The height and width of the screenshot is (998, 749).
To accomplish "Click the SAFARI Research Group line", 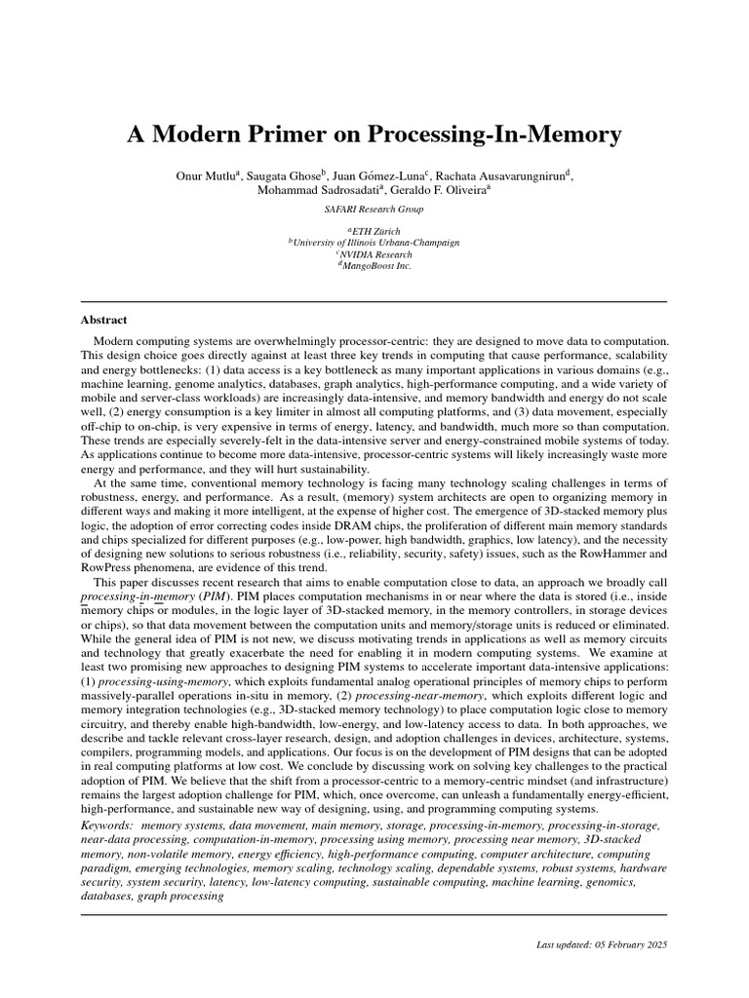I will click(374, 209).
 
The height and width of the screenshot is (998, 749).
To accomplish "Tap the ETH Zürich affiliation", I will click(375, 231).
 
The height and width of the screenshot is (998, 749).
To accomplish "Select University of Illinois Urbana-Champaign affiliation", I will click(374, 243).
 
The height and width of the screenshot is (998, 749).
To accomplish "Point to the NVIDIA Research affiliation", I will click(374, 254).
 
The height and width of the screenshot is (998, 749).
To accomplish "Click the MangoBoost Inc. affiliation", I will click(374, 266).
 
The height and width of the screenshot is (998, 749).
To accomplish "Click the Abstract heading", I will click(103, 320).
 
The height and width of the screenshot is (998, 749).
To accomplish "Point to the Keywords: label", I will click(107, 826).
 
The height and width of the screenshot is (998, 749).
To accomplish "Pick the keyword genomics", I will click(610, 881).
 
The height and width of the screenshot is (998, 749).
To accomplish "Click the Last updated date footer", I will click(602, 945).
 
